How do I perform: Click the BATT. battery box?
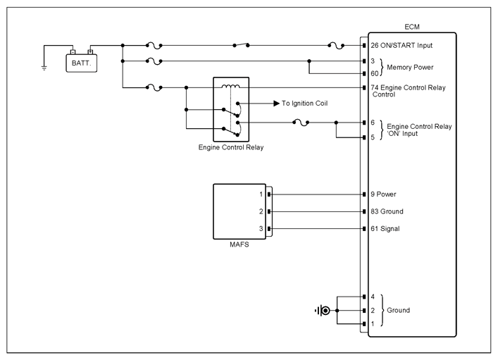[x=81, y=63]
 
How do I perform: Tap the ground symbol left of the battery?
[x=44, y=68]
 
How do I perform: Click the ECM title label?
[x=412, y=27]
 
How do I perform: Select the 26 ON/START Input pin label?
[x=401, y=45]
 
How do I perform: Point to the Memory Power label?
[x=410, y=68]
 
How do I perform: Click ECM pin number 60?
[x=375, y=74]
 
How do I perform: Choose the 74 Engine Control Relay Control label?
[x=408, y=91]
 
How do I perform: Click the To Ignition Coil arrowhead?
[x=276, y=104]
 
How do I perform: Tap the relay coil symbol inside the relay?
[x=231, y=86]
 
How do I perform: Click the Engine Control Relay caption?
[x=231, y=147]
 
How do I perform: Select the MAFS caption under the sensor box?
[x=239, y=244]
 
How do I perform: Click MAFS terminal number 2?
[x=261, y=211]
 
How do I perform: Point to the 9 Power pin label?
[x=383, y=194]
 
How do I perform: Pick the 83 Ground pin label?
[x=387, y=211]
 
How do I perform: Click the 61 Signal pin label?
[x=385, y=229]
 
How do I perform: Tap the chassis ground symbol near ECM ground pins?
[x=323, y=311]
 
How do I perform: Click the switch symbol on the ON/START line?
[x=241, y=45]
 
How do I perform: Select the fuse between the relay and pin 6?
[x=301, y=123]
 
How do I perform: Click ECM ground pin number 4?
[x=373, y=297]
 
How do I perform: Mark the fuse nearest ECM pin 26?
[x=336, y=45]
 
